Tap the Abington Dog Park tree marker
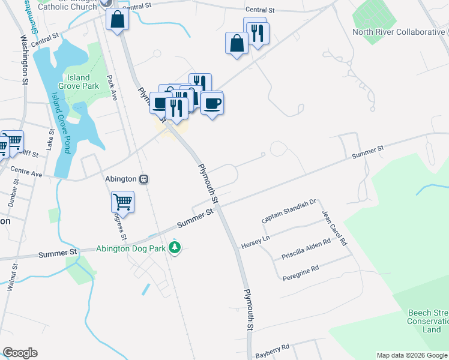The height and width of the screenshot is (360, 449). (175, 247)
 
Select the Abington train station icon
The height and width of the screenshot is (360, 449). (144, 179)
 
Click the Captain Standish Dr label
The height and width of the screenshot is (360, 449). (289, 212)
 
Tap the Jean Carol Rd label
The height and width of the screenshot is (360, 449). (334, 228)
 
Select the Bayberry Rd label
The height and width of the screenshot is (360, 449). (273, 347)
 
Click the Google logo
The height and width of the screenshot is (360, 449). (20, 353)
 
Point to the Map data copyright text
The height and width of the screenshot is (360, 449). (412, 355)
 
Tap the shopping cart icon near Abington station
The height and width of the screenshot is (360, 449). (122, 202)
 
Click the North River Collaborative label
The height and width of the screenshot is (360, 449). (399, 32)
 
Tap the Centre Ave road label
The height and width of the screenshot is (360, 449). (26, 174)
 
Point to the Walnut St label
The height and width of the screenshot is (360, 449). (10, 281)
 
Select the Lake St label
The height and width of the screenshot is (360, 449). (50, 142)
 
